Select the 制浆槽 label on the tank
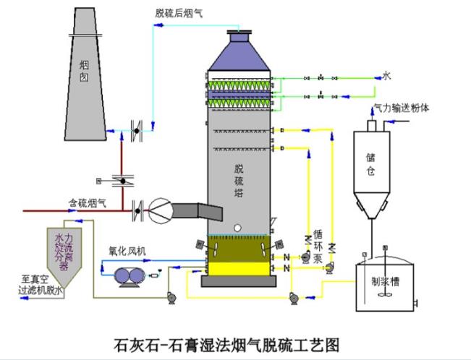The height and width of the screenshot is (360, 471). pos(385,284)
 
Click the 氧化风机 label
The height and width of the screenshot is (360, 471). pos(127,250)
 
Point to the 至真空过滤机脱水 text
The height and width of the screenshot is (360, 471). pos(43,283)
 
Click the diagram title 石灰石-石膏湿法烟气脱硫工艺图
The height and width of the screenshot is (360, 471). pos(226,342)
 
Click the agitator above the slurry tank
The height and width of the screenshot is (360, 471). pos(384,254)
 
